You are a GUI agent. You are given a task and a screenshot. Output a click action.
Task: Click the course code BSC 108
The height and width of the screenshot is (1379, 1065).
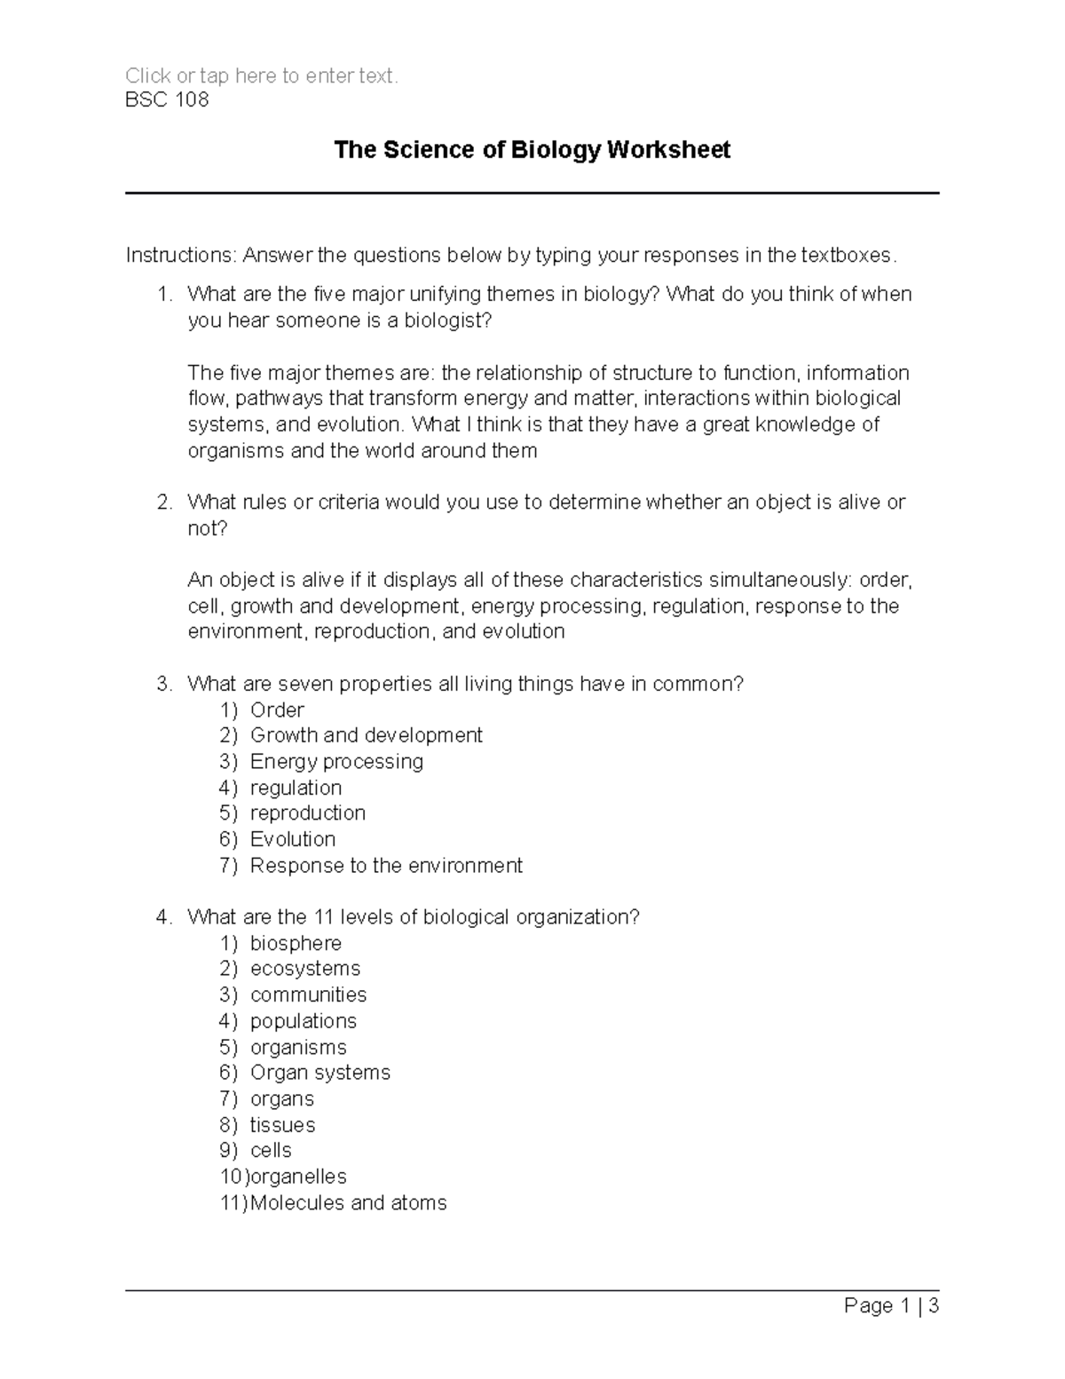[167, 99]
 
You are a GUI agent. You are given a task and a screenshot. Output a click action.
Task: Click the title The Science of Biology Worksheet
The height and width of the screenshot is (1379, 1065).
[532, 150]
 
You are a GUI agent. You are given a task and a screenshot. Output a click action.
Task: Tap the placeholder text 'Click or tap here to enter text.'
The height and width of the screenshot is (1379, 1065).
[262, 76]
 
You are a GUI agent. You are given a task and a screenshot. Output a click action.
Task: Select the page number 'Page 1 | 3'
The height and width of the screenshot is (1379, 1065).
[891, 1306]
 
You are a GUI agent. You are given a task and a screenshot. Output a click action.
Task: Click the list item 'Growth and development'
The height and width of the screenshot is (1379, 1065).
[366, 735]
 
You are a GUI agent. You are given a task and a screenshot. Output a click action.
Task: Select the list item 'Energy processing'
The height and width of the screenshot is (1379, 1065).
[336, 762]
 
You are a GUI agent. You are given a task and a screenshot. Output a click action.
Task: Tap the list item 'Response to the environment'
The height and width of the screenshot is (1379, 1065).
[386, 866]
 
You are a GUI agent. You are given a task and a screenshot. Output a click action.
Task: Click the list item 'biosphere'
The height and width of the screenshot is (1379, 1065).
[296, 943]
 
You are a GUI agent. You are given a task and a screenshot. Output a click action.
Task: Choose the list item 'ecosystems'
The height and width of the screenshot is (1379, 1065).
[305, 969]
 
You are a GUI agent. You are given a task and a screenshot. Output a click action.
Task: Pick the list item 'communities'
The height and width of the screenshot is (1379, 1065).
[308, 995]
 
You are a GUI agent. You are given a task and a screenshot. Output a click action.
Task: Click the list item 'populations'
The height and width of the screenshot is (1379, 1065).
[304, 1021]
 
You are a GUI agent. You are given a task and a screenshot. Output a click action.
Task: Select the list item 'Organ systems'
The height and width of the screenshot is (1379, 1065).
[319, 1073]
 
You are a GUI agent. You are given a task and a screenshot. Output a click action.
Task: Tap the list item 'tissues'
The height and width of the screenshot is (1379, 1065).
[282, 1125]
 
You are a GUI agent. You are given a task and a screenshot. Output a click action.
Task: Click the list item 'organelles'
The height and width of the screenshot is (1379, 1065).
[298, 1177]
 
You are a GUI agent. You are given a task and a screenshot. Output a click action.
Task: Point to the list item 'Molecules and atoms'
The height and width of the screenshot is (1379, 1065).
[348, 1203]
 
